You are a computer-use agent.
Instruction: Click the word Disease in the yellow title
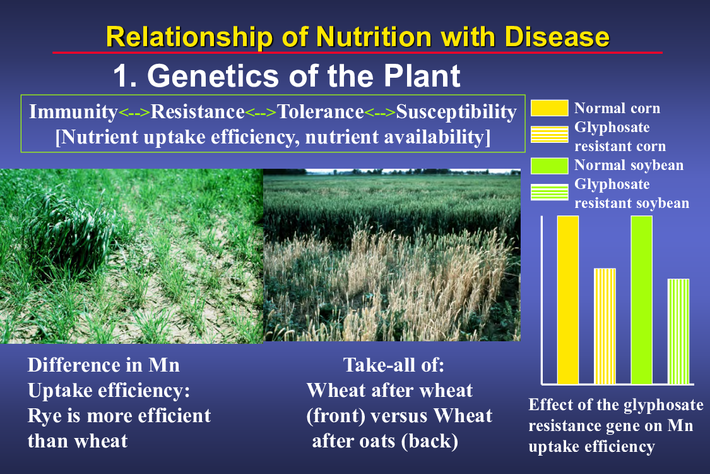coord(557,37)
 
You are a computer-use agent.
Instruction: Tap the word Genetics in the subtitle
coord(213,75)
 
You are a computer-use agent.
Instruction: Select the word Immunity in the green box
coord(73,112)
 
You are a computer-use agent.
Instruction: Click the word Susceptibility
coord(456,112)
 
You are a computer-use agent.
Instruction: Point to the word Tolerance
coord(321,112)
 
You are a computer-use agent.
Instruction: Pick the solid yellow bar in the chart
coord(568,300)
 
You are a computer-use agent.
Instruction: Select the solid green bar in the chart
coord(642,300)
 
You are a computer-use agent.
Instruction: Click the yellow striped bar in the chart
coord(605,326)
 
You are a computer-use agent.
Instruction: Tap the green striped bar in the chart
coord(678,332)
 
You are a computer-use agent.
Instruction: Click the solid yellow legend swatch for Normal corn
coord(549,108)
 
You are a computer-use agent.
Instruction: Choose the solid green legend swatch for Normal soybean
coord(549,166)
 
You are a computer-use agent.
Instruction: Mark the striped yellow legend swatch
coord(549,135)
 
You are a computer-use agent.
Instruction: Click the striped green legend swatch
coord(549,192)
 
